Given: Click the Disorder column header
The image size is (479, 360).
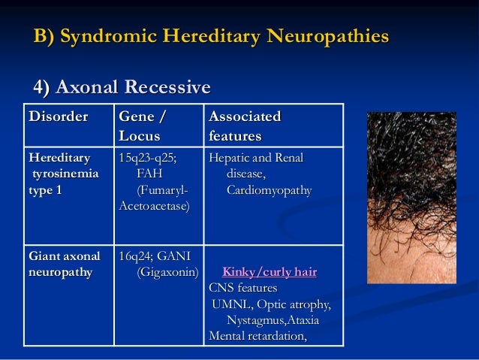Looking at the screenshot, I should (58, 117).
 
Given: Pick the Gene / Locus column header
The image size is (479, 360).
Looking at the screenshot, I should (141, 126).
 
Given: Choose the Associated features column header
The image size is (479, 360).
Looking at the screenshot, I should (245, 126).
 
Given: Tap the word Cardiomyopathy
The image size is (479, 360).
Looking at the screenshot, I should (269, 190).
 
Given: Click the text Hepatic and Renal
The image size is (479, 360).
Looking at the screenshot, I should (255, 159).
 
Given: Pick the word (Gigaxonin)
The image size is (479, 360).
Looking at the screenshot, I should (167, 271).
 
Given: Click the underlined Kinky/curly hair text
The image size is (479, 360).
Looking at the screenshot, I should (270, 272).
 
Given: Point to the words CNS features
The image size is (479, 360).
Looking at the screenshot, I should (243, 288).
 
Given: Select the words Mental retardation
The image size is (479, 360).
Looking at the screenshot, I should (258, 336).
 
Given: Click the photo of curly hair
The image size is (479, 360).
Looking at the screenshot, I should (411, 198).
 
